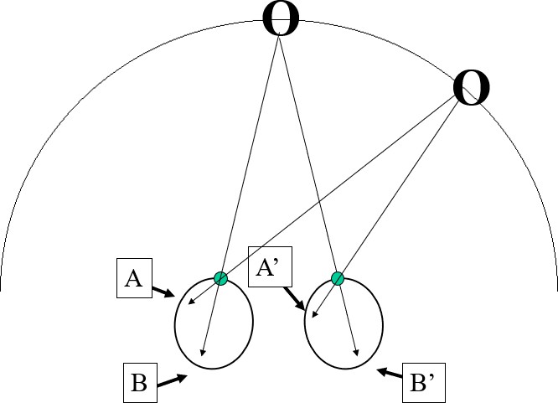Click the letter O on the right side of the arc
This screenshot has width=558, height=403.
(x=472, y=89)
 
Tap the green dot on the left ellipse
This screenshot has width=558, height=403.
(x=220, y=278)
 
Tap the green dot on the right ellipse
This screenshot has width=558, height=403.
(x=338, y=278)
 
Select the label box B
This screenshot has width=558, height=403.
(x=139, y=384)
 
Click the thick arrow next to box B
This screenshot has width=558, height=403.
(x=172, y=381)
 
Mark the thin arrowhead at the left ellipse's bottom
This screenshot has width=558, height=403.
(x=204, y=353)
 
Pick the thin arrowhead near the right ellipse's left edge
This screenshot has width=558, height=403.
(x=314, y=316)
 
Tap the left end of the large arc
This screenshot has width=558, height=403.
(x=2, y=289)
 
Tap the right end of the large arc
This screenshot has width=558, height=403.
(x=556, y=289)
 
